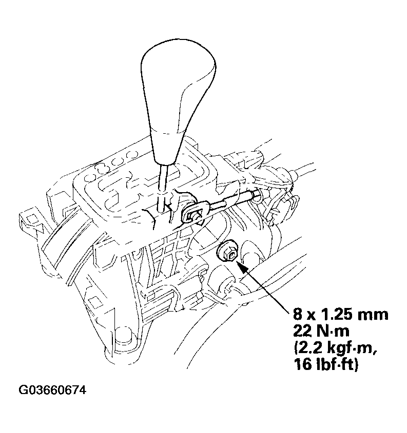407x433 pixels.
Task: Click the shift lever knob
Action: click(170, 92)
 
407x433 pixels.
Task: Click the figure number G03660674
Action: click(52, 390)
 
